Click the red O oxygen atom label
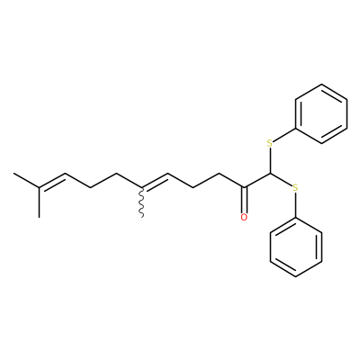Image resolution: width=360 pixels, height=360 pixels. coord(244,217)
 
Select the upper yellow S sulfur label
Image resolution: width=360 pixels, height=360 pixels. coord(270,143)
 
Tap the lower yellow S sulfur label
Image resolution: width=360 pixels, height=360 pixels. coord(295,188)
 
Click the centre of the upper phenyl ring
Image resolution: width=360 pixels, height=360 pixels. coord(321,113)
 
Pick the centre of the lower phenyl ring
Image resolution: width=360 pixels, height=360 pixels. coord(296,247)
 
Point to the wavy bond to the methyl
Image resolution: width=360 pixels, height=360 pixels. coord(142,202)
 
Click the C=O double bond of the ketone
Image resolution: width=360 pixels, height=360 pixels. coord(244,201)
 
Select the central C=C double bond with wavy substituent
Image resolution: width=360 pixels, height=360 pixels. coord(155,181)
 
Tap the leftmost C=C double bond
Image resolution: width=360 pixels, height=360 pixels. coord(52,181)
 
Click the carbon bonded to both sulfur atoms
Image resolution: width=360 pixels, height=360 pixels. coord(270,174)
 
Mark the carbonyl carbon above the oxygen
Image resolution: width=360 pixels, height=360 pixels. coord(244,188)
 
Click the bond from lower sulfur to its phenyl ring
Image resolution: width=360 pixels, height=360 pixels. coord(295,205)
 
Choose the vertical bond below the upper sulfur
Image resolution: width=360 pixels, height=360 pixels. coord(270,160)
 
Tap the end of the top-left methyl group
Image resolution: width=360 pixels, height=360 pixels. coord(13,173)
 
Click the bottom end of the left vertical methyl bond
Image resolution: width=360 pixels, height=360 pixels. coord(39,217)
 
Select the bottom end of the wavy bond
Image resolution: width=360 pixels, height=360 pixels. coord(142,217)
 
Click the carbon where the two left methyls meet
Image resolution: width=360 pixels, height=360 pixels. coord(39,188)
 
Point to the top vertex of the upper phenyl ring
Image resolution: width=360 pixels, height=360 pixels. coord(321,85)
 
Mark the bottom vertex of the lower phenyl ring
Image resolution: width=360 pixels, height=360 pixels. coord(296,276)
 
